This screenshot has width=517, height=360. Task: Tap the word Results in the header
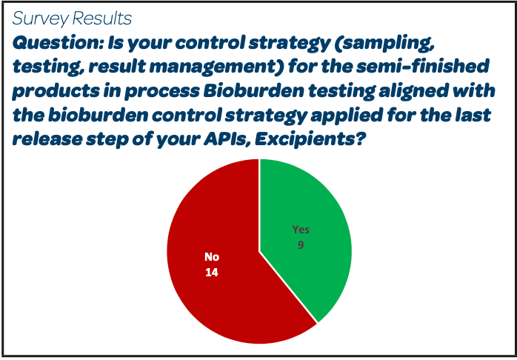pos(101,18)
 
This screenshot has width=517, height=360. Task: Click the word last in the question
pos(472,115)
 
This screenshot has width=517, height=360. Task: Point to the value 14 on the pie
pos(212,273)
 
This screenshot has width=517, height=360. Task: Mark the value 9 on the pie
pos(301,246)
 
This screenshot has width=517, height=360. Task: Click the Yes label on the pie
pos(301,230)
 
